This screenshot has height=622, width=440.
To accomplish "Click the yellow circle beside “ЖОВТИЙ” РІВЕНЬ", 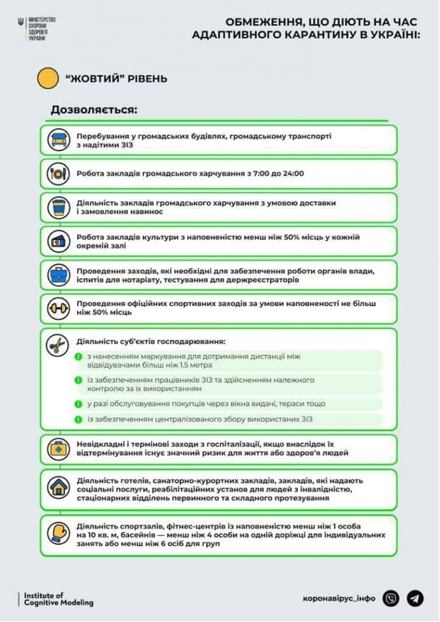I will click(48, 78).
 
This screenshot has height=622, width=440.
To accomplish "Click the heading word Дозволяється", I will click(94, 110).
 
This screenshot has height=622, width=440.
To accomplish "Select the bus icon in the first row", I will click(58, 140).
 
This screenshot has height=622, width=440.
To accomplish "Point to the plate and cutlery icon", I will click(58, 173).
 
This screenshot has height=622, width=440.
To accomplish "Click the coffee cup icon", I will click(58, 207).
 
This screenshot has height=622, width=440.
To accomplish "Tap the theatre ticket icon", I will click(58, 241).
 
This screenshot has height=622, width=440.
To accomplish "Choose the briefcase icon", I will click(58, 276).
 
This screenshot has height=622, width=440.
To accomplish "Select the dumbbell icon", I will click(58, 309).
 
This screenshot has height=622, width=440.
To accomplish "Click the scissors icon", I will click(58, 344).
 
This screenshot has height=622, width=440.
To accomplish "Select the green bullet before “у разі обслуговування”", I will click(78, 403).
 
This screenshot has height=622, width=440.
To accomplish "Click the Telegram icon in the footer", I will click(415, 598).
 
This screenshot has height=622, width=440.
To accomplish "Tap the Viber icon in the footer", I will click(391, 598).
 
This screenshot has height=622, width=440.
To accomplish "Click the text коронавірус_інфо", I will click(339, 598).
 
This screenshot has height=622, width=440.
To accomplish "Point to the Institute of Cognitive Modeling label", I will click(58, 599).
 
